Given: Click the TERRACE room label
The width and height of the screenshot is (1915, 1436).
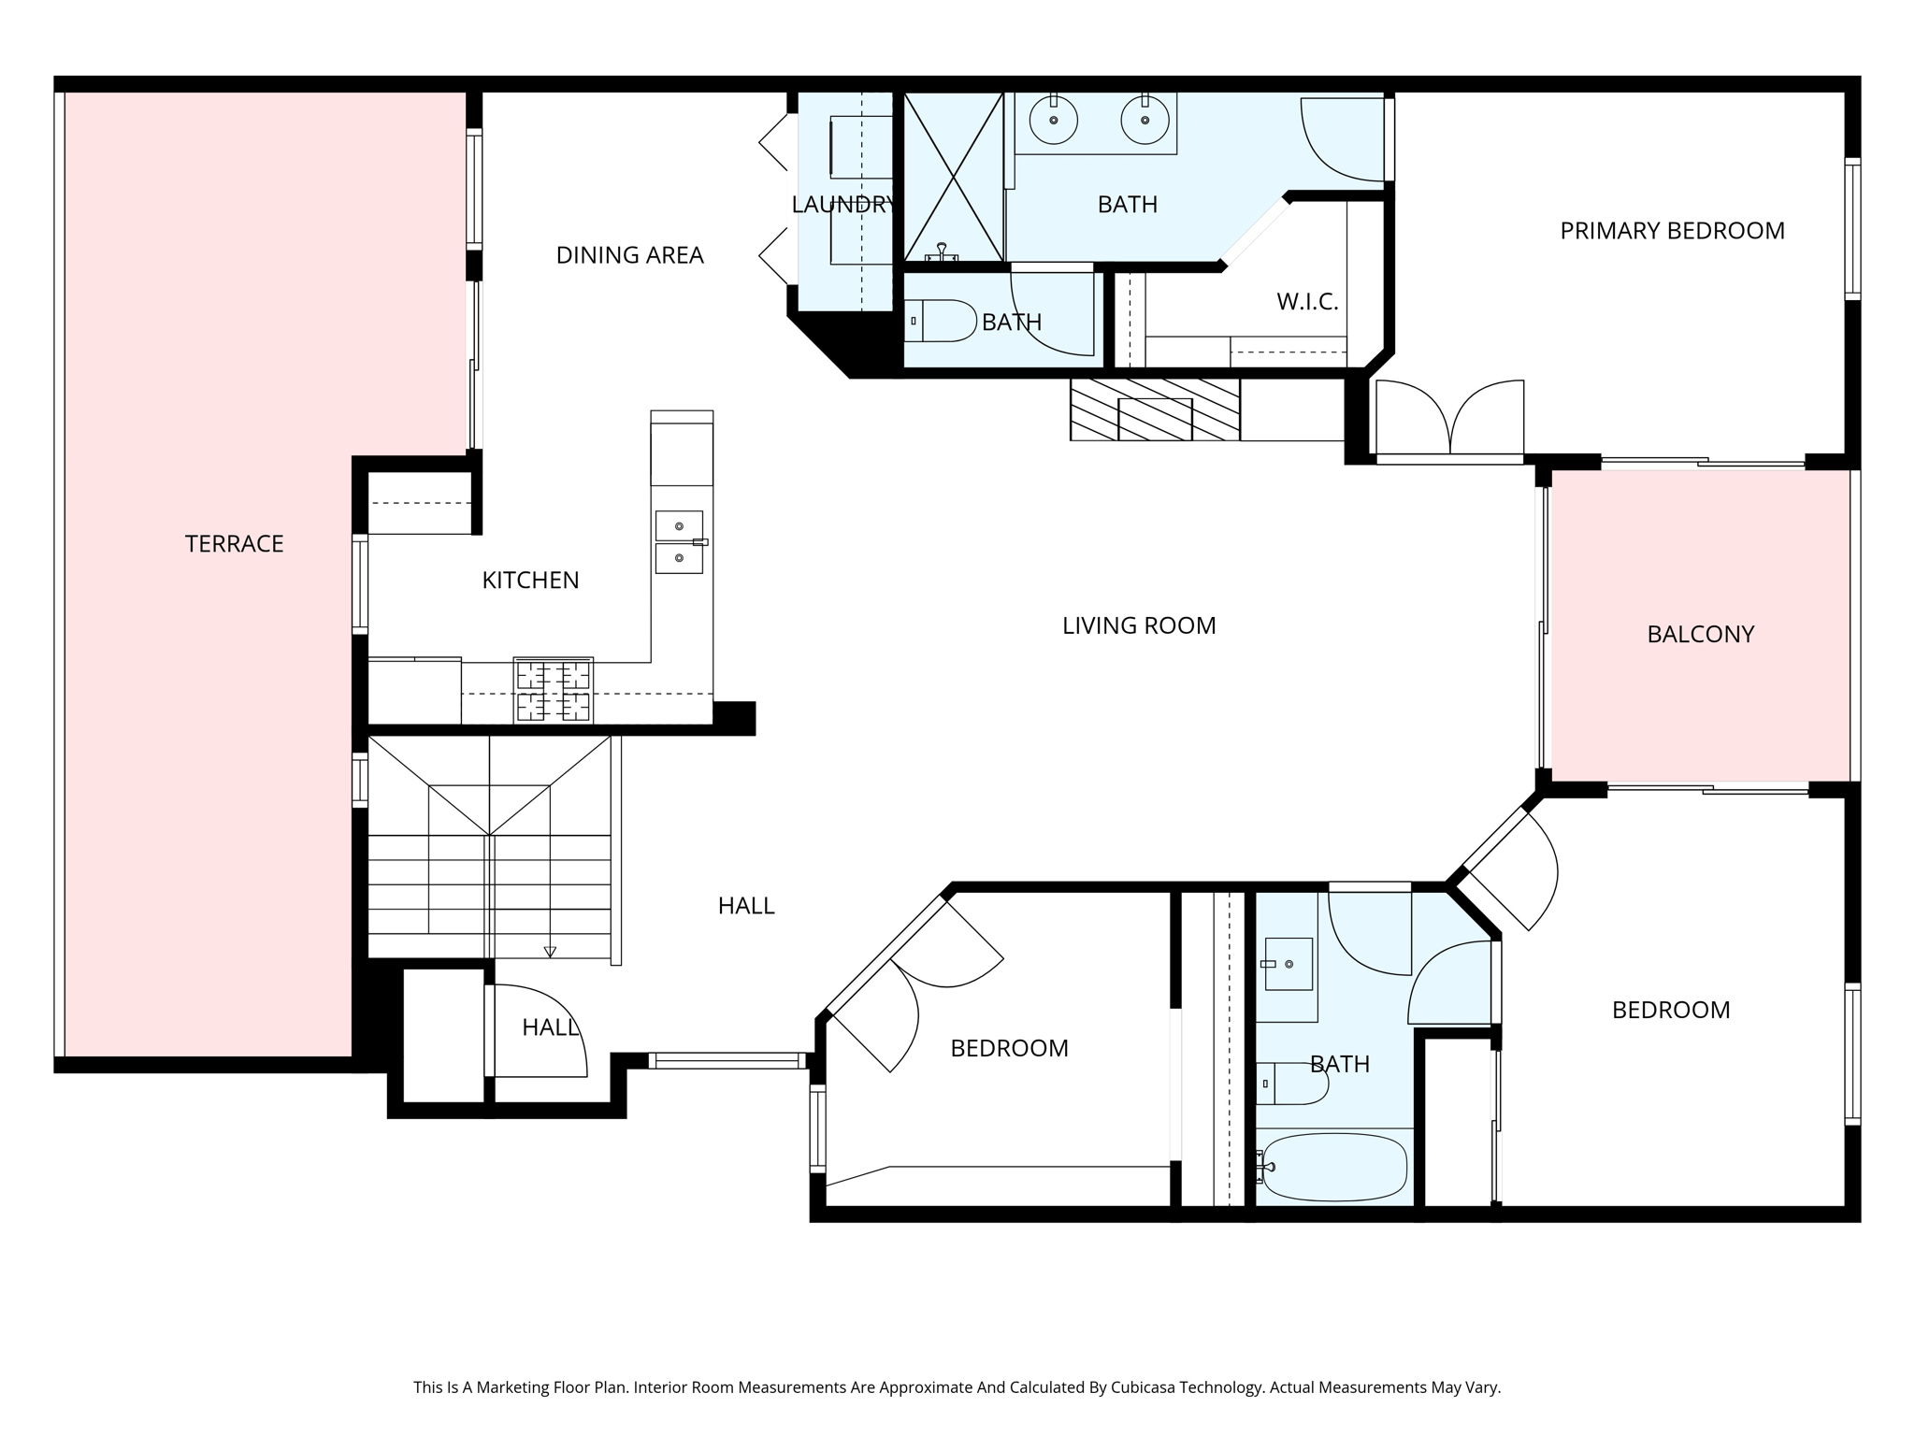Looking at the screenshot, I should (234, 544).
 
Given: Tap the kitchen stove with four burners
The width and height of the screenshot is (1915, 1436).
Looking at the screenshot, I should (553, 690).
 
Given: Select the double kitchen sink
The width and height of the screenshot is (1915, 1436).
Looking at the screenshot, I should (679, 542).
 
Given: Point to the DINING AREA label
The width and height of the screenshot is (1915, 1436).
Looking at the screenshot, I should (629, 255).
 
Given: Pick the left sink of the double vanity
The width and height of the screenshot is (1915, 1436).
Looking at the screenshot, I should (1054, 121).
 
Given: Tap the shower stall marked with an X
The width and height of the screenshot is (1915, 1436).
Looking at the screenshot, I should (953, 177).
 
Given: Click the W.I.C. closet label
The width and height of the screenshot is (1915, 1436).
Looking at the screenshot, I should (1306, 302).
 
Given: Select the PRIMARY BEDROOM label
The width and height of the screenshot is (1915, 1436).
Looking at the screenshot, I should (1672, 231).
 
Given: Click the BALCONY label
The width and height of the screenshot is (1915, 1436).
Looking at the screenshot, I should (1700, 635).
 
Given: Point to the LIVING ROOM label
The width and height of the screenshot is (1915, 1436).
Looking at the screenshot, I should (1138, 625).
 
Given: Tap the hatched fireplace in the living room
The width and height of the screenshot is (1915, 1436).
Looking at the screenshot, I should (1155, 409).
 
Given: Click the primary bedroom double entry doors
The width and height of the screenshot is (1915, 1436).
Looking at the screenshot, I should (1449, 421).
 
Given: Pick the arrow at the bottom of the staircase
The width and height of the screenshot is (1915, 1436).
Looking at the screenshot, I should (550, 952).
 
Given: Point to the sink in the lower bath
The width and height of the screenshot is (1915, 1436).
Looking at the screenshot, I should (1289, 964).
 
